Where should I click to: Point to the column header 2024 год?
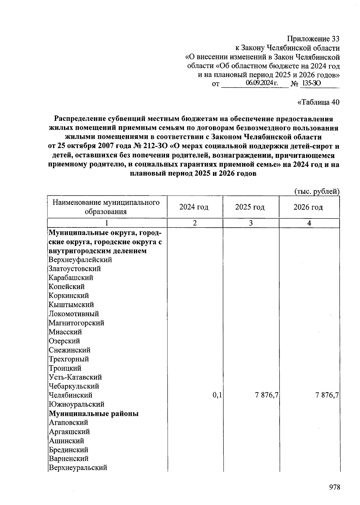pyautogui.click(x=194, y=207)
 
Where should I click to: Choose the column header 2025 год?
pyautogui.click(x=250, y=207)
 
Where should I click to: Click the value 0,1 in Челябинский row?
pyautogui.click(x=217, y=395)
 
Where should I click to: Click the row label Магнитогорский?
pyautogui.click(x=76, y=323)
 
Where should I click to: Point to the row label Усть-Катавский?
pyautogui.click(x=75, y=377)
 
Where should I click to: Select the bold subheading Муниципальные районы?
pyautogui.click(x=94, y=413)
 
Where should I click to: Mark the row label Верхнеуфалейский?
pyautogui.click(x=80, y=260)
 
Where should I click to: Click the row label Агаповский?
pyautogui.click(x=68, y=422)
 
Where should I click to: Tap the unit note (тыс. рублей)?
pyautogui.click(x=317, y=191)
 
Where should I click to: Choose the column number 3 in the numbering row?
pyautogui.click(x=251, y=223)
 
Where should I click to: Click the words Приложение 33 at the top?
pyautogui.click(x=313, y=39)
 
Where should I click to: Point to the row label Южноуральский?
pyautogui.click(x=76, y=404)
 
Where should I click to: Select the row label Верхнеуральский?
pyautogui.click(x=78, y=467)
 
